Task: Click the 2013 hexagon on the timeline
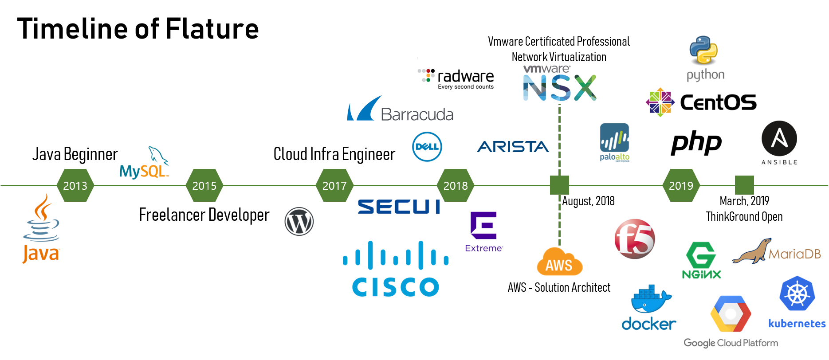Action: [75, 185]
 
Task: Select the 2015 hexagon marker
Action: [204, 185]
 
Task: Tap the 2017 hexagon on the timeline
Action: [334, 185]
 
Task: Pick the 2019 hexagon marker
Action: [681, 185]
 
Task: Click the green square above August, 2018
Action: [559, 185]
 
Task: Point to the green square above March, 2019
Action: [744, 185]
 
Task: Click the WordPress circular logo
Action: [299, 221]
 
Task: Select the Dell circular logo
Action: [427, 147]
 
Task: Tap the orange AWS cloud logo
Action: [559, 262]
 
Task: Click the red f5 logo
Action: [635, 239]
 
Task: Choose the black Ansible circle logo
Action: [779, 139]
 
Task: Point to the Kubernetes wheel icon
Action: [797, 293]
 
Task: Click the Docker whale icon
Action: [650, 300]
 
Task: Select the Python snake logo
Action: [704, 51]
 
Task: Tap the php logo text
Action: [696, 143]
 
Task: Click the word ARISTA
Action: [513, 147]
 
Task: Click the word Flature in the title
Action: [212, 29]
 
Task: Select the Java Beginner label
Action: [75, 154]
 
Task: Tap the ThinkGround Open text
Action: [744, 217]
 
